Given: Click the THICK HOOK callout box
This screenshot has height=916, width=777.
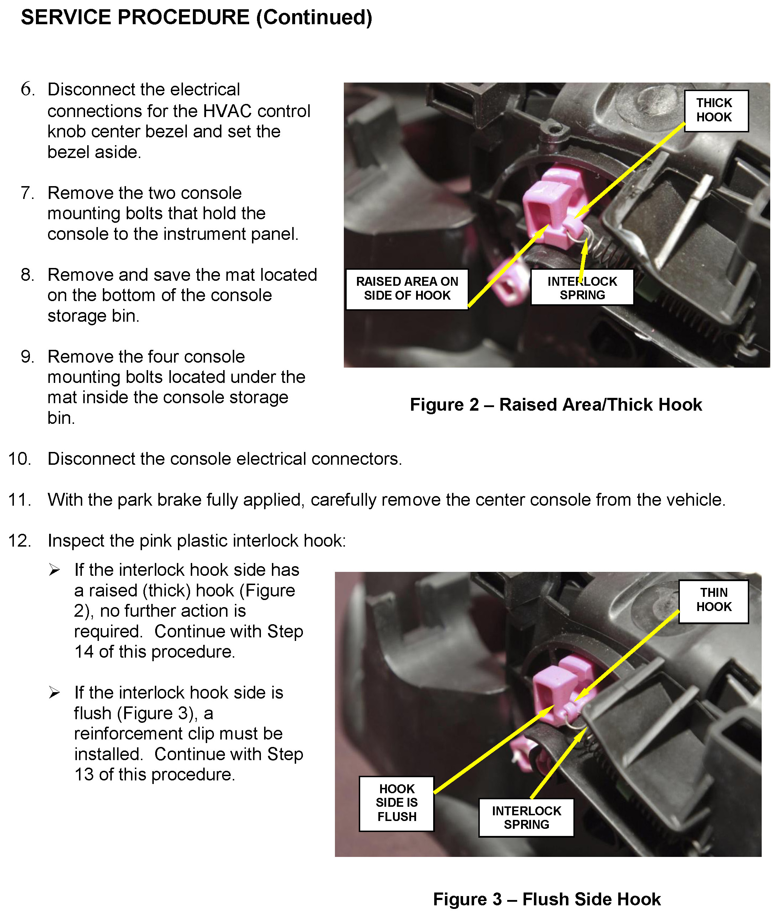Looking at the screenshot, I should click(x=716, y=111).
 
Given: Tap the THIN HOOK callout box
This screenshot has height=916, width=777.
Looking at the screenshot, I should click(x=713, y=600).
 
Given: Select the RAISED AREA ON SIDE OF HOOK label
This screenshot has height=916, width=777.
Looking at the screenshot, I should click(x=407, y=289).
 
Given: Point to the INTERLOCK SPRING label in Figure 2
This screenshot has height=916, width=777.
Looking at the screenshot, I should click(x=582, y=288).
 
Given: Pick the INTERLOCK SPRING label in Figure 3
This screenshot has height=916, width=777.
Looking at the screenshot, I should click(x=526, y=817).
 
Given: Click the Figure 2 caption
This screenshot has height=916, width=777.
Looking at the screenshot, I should click(x=556, y=405).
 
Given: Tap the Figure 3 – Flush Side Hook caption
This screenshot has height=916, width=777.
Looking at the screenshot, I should click(x=547, y=899).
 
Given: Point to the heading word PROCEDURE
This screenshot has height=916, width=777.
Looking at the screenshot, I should click(x=183, y=18).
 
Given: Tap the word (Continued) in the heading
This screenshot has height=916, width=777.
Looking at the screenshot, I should click(x=314, y=18).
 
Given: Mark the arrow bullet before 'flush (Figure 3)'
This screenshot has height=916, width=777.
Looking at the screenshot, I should click(x=54, y=693).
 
